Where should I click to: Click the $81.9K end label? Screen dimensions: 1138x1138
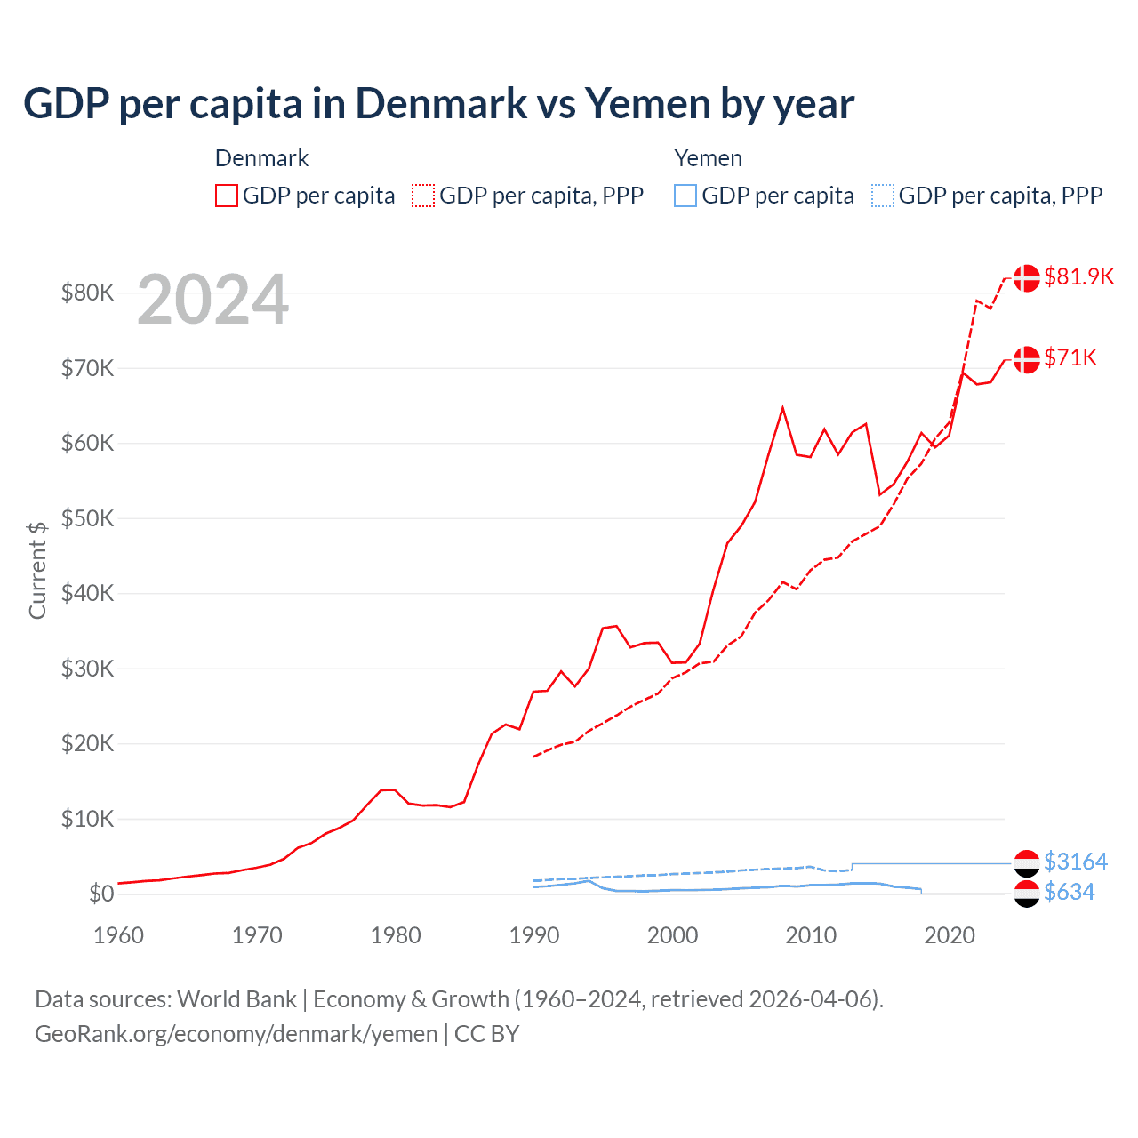point(1078,276)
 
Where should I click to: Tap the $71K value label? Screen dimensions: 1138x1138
point(1070,357)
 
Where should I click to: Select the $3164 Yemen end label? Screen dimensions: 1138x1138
point(1076,862)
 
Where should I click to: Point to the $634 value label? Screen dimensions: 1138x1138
point(1070,892)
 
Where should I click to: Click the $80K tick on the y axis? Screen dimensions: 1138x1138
point(87,293)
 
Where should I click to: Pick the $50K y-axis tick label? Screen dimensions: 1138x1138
point(87,518)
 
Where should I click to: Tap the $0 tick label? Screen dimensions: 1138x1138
point(101,894)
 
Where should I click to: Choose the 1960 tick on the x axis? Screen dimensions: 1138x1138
point(118,935)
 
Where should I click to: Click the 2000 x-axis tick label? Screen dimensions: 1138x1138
point(673,935)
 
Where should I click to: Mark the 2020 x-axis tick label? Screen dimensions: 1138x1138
point(950,935)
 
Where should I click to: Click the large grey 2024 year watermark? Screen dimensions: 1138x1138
point(212,300)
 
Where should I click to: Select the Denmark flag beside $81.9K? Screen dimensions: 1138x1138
point(1027,277)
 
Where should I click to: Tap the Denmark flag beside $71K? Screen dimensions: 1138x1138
point(1027,359)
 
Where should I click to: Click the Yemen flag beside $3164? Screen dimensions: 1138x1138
point(1027,862)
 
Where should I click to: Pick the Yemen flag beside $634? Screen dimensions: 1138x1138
point(1027,894)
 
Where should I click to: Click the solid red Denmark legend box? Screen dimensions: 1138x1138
point(227,196)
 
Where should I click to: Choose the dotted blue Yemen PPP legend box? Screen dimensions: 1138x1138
point(883,196)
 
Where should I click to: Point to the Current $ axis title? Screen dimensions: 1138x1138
point(37,570)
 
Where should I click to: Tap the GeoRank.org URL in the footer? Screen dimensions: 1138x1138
point(236,1034)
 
